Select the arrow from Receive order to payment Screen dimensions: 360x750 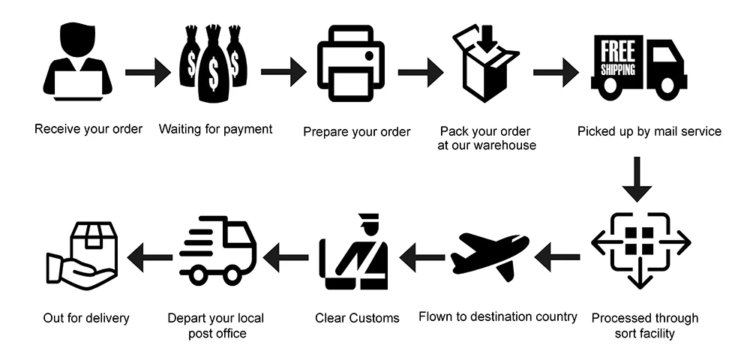148,72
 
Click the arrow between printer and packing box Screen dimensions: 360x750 420,72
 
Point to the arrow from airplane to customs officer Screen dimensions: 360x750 421,258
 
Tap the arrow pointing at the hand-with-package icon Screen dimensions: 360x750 149,258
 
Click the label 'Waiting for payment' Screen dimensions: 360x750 215,129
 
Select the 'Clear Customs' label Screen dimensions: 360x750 357,317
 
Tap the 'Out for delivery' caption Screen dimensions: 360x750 86,318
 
